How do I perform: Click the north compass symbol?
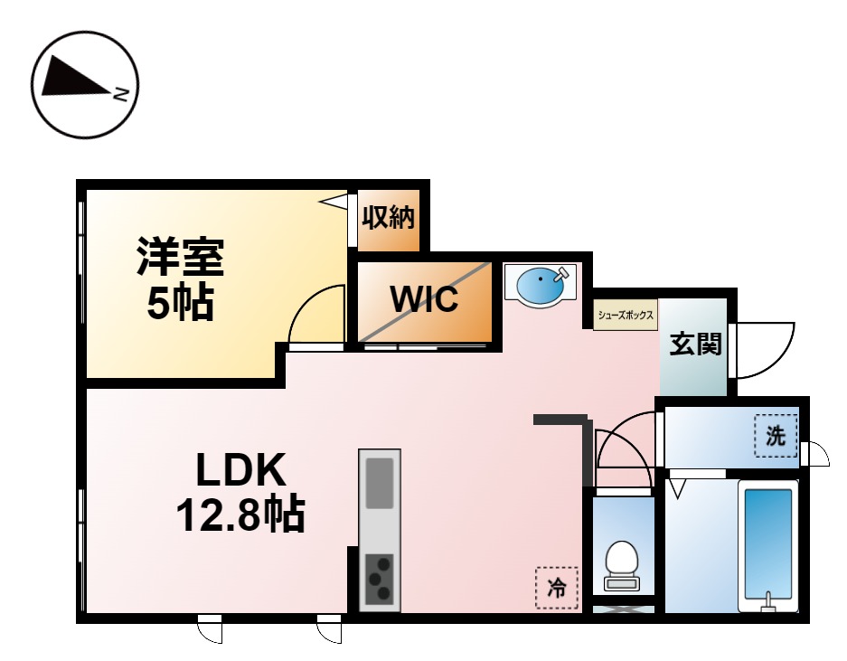tap(84, 85)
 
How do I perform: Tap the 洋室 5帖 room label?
tap(180, 278)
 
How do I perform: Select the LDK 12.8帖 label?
tap(240, 492)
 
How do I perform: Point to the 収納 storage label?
tap(388, 218)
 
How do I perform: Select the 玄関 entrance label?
tap(695, 345)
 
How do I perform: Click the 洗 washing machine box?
tap(776, 435)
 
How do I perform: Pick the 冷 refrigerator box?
tap(557, 587)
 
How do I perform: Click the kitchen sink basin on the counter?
tap(379, 484)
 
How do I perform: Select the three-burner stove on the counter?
tap(379, 579)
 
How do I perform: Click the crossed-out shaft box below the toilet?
tap(623, 609)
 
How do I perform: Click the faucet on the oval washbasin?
tap(563, 271)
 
